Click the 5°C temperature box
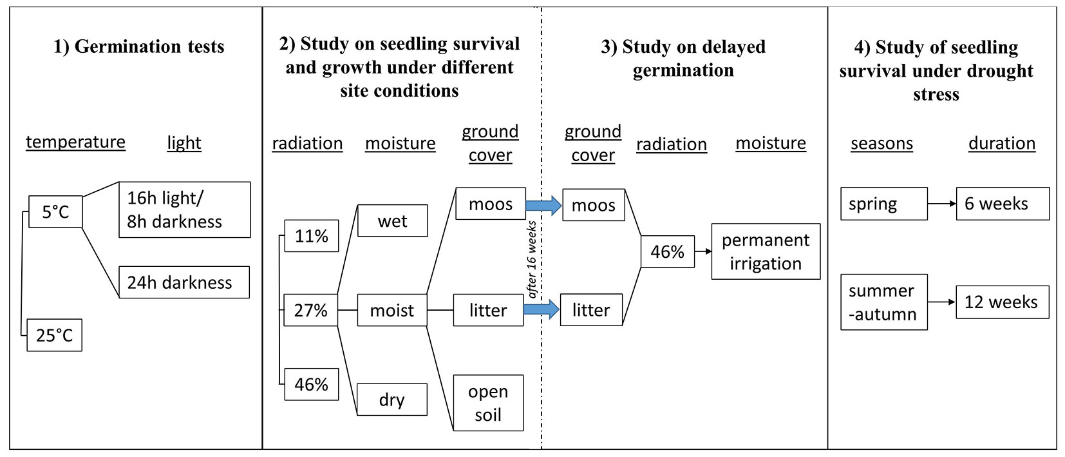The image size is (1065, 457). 55,212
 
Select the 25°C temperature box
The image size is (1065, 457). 55,335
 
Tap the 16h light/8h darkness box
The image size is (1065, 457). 184,209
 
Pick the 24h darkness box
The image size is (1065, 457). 184,282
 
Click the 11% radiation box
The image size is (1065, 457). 312,236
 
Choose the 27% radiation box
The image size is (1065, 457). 311,310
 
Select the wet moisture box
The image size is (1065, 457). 392,221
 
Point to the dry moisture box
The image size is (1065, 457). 391,400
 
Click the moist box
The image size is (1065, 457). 391,310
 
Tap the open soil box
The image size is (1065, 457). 488,403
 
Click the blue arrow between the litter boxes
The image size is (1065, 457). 541,309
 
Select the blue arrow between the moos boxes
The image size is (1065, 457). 543,205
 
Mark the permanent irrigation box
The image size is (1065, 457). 766,251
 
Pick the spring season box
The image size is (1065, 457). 883,204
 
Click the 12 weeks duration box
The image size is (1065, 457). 1002,302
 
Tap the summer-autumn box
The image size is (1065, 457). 883,302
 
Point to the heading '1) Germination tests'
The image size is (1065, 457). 138,46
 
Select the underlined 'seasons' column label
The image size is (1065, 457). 881,143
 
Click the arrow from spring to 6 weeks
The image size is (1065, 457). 942,204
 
